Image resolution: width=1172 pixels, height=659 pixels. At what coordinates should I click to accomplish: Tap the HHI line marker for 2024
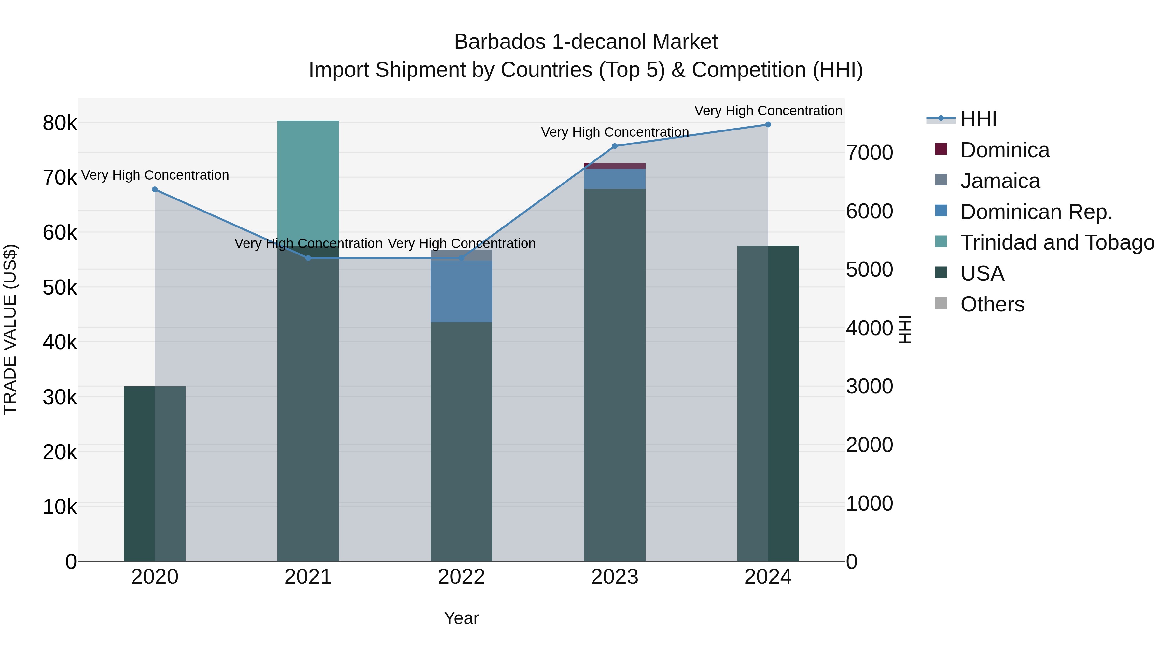click(768, 125)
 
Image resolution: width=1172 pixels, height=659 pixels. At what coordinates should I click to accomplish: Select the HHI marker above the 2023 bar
click(615, 146)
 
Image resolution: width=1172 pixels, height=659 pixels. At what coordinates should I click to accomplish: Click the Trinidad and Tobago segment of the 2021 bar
click(308, 182)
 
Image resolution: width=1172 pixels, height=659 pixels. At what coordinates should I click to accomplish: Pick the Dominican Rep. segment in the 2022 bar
click(461, 291)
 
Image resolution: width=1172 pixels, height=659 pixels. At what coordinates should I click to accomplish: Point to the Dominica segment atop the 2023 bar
click(615, 166)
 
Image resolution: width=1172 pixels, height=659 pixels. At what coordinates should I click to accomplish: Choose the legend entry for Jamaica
click(999, 181)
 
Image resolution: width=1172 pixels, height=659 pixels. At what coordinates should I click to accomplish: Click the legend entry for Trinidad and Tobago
click(1057, 242)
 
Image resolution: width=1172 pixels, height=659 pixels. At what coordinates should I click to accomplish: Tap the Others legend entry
click(992, 304)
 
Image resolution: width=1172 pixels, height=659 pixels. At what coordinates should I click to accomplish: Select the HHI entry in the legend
click(978, 119)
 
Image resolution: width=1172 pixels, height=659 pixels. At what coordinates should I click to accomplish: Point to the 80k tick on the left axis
click(60, 123)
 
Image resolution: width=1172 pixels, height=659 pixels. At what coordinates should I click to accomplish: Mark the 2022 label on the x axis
click(461, 577)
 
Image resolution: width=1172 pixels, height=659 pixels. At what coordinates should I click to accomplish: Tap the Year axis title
click(461, 618)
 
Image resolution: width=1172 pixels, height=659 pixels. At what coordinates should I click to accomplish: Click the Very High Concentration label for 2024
click(768, 111)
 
